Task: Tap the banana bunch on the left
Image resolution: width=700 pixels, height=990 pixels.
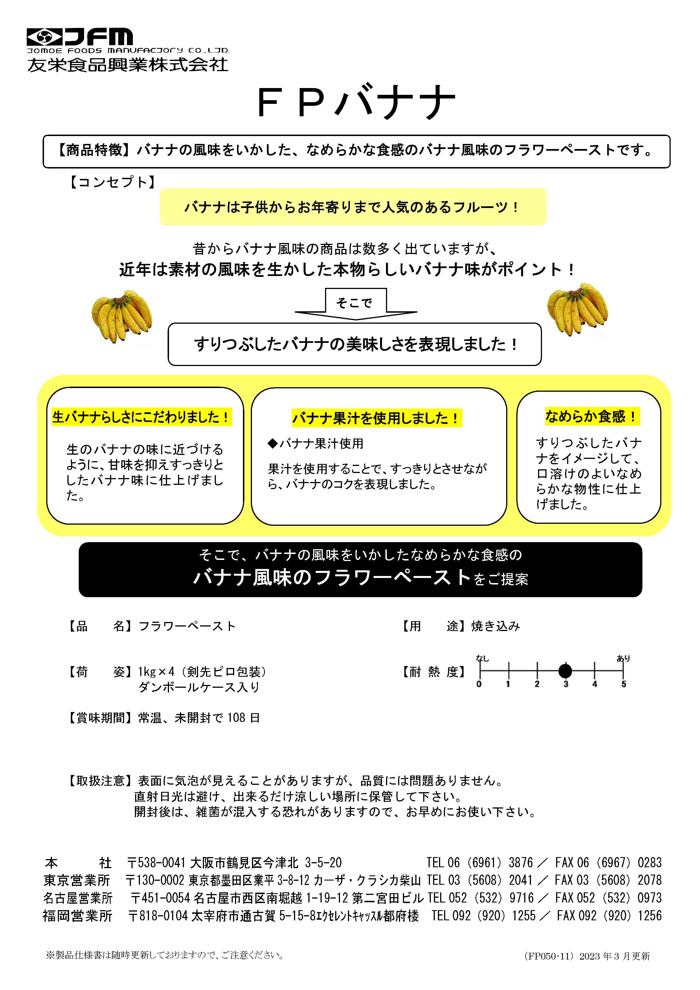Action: click(x=122, y=317)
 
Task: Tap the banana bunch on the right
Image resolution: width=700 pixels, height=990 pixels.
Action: click(x=578, y=309)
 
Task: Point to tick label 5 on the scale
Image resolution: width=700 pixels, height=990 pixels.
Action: click(x=623, y=684)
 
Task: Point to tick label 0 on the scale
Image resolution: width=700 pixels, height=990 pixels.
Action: click(x=479, y=684)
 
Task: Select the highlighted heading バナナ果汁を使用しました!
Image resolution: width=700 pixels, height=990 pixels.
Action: click(x=376, y=418)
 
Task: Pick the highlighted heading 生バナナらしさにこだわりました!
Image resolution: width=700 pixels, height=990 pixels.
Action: click(x=141, y=417)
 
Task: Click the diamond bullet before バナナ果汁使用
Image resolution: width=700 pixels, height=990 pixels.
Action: click(x=273, y=443)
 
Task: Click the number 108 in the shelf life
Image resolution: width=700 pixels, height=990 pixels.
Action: click(x=236, y=718)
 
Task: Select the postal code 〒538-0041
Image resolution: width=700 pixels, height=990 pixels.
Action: click(x=156, y=863)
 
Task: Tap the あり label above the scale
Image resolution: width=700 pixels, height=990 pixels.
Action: click(x=623, y=658)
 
